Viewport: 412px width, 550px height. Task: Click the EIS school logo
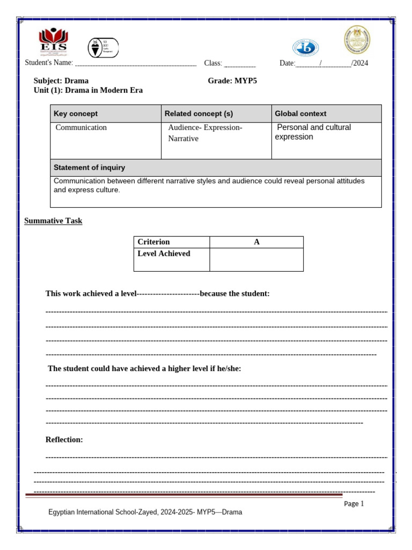click(54, 42)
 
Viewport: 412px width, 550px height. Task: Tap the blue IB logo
click(305, 47)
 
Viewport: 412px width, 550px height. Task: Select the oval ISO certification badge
click(103, 48)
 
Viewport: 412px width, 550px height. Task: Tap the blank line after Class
click(239, 64)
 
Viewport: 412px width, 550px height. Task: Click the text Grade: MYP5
click(229, 81)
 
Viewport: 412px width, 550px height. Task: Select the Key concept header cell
click(105, 114)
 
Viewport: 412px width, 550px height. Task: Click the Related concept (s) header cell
click(216, 114)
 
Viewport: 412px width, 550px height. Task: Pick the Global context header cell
click(326, 114)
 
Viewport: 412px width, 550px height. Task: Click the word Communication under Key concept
click(81, 128)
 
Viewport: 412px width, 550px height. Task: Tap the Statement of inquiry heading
click(89, 168)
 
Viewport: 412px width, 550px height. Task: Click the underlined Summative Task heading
click(53, 221)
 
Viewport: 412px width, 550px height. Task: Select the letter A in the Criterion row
click(256, 242)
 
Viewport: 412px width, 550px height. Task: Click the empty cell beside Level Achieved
click(256, 259)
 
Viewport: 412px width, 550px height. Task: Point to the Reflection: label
click(64, 440)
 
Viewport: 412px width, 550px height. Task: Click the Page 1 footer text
click(354, 504)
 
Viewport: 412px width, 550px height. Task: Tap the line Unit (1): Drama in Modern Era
click(88, 90)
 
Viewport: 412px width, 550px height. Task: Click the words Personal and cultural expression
click(313, 132)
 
